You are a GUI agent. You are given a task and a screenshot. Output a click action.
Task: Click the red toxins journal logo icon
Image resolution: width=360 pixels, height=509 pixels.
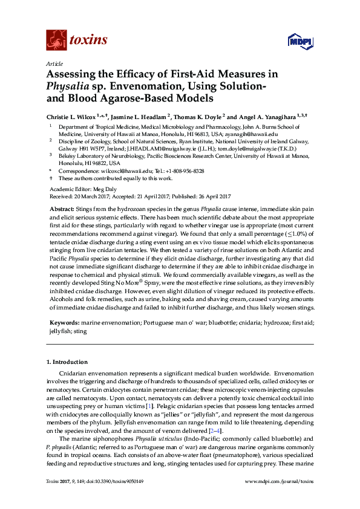coord(56,40)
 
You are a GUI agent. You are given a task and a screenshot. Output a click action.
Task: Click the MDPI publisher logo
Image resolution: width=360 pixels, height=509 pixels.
coord(299,42)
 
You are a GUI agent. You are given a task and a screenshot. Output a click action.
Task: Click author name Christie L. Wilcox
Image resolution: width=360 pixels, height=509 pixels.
coord(74,115)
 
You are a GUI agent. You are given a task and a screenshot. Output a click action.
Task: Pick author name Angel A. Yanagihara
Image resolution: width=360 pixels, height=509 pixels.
coord(261,115)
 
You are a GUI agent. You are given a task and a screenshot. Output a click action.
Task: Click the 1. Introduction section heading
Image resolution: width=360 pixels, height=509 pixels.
coord(67,362)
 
